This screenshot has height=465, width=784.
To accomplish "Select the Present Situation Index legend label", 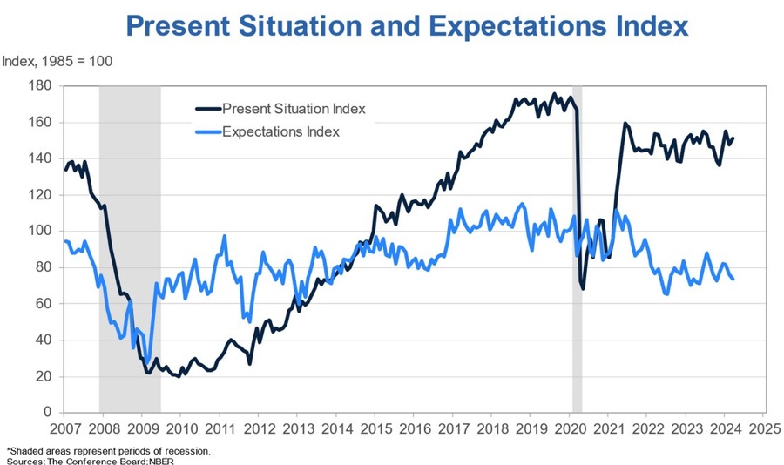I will point(294,109).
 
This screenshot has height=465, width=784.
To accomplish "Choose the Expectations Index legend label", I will point(280,132).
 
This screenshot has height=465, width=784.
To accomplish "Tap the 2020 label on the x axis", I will point(569,428).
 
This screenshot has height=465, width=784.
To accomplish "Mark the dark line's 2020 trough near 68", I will point(583,288).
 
